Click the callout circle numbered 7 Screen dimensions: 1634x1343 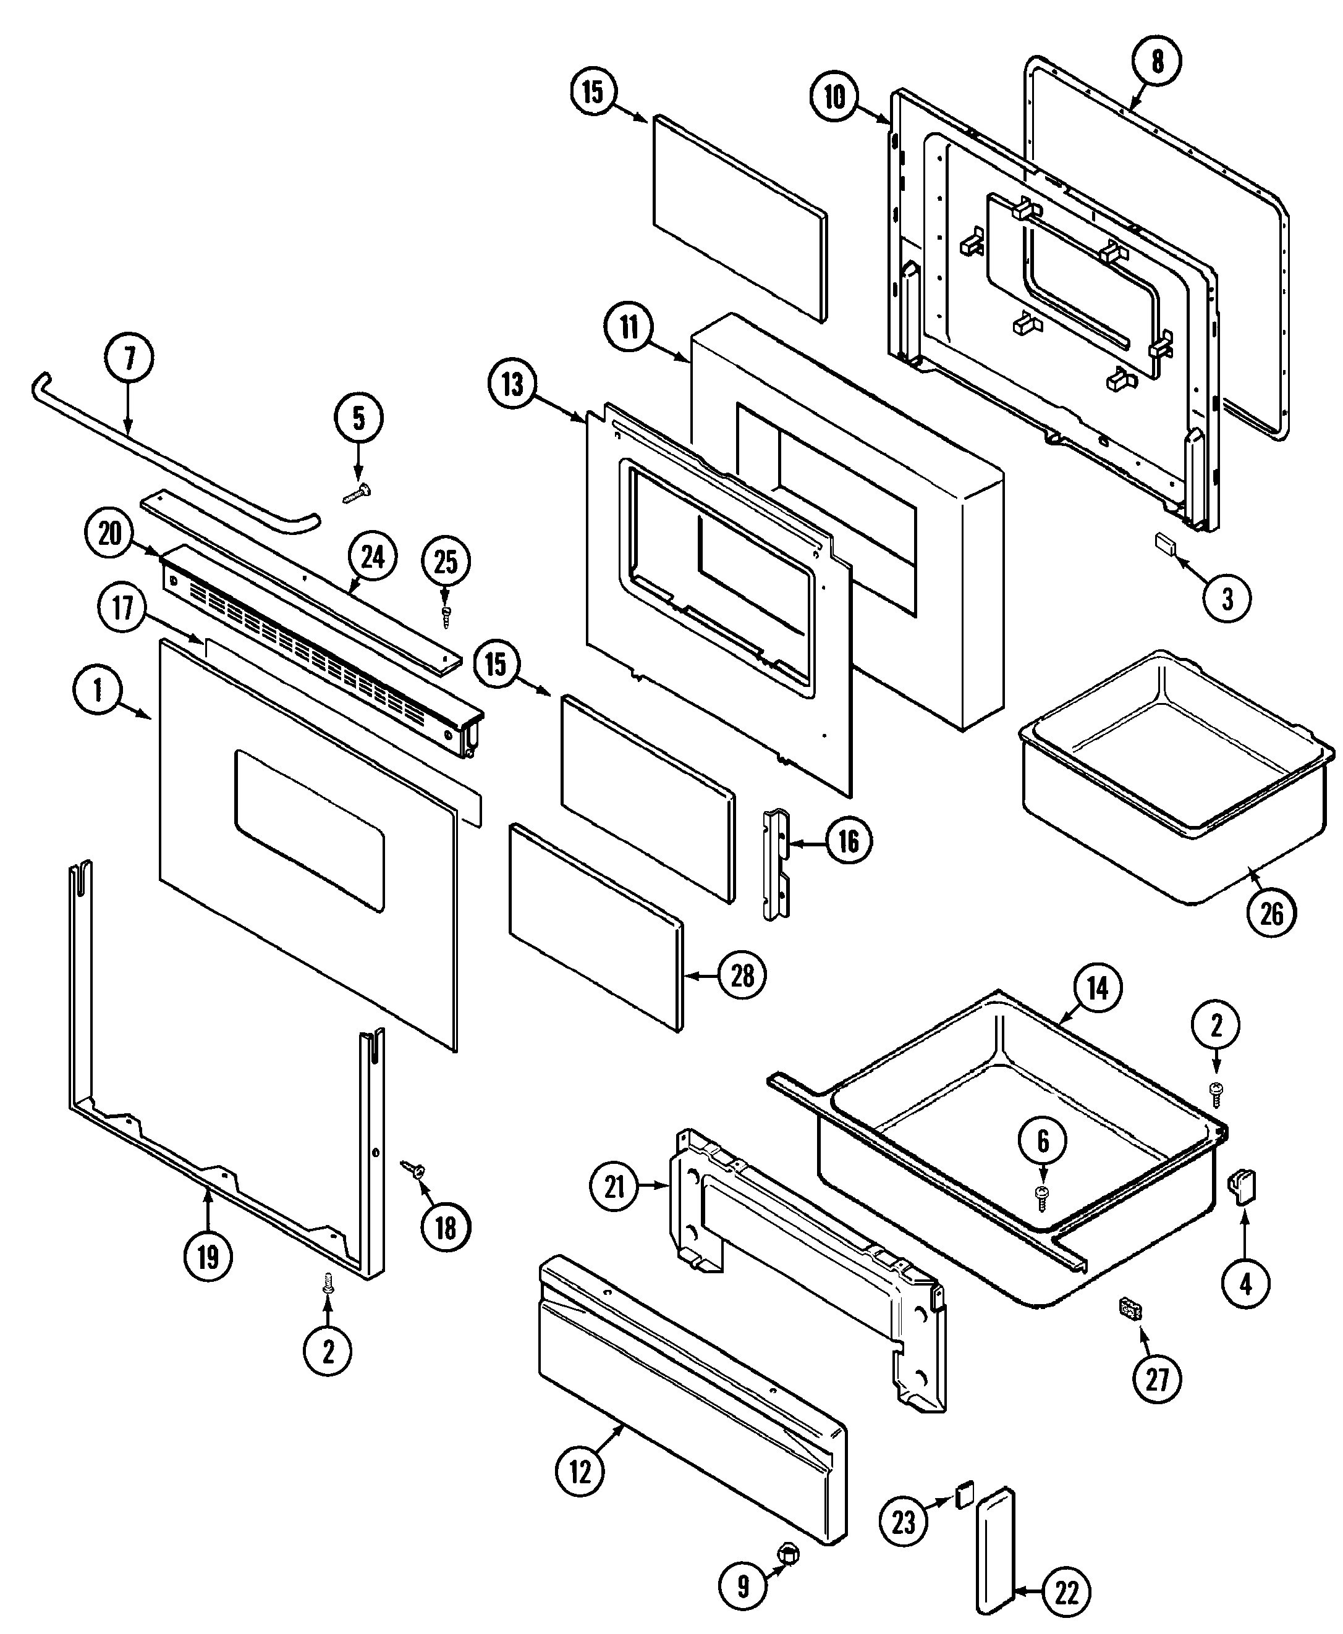[129, 358]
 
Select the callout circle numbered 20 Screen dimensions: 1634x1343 [111, 534]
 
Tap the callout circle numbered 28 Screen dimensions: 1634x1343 [742, 976]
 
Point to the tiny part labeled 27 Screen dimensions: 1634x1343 [1131, 1308]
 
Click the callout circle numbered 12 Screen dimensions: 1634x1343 [580, 1472]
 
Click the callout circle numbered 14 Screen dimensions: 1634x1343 [1098, 988]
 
